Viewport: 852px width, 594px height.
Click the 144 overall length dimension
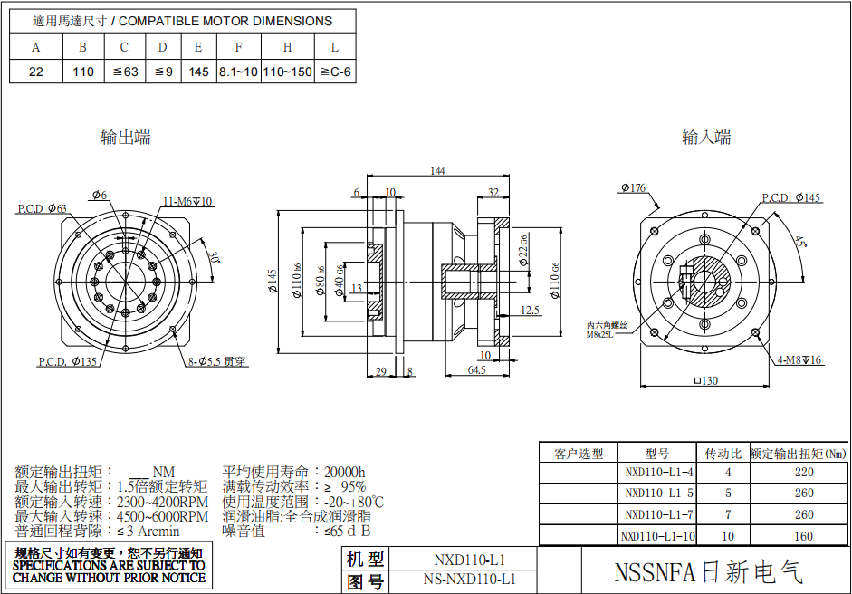[438, 170]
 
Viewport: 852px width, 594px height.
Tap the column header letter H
[287, 47]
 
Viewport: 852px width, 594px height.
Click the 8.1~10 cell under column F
[238, 72]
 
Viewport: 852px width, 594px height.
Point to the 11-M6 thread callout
[188, 201]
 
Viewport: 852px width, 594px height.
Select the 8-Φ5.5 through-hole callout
[217, 361]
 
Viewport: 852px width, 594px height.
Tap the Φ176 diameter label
[634, 188]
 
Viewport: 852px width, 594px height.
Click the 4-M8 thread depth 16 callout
[799, 360]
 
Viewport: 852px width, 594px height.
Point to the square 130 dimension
[705, 381]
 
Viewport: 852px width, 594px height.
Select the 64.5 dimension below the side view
[477, 370]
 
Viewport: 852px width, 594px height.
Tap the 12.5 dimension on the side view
[531, 311]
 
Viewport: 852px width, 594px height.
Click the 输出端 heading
[126, 138]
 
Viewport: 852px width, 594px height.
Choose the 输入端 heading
[706, 138]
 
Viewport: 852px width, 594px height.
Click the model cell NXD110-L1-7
[659, 514]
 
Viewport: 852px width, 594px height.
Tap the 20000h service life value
[345, 472]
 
